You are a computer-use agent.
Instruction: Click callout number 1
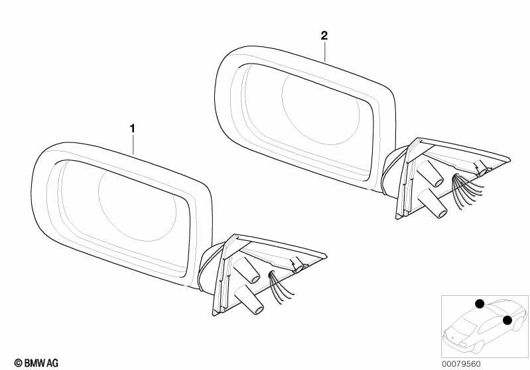[x=133, y=128]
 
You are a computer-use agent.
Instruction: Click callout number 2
[x=324, y=36]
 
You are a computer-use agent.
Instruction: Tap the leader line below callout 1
[x=133, y=144]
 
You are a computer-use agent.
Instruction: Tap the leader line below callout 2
[x=325, y=51]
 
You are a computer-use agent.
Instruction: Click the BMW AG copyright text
[x=36, y=363]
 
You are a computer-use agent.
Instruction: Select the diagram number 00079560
[x=461, y=364]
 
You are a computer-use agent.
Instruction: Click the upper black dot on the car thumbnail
[x=480, y=304]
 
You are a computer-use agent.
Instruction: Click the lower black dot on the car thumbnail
[x=507, y=320]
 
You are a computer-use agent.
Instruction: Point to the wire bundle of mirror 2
[x=468, y=191]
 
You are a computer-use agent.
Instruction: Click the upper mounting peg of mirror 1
[x=247, y=270]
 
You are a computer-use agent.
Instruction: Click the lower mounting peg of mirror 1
[x=249, y=299]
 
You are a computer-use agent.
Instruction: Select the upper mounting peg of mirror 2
[x=430, y=173]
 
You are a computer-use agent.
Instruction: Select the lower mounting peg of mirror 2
[x=432, y=203]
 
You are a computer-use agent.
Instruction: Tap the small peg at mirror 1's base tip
[x=297, y=265]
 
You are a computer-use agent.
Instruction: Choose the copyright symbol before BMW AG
[x=19, y=363]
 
